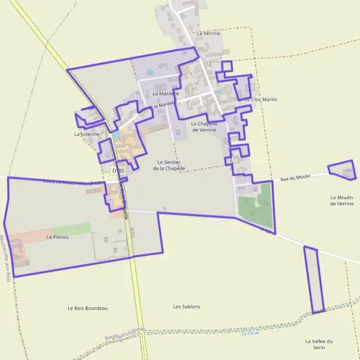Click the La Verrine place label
208,34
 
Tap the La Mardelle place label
166,94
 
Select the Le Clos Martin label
261,99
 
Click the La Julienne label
85,134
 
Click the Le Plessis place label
58,237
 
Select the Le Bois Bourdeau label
88,308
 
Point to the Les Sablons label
187,307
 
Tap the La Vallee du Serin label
319,344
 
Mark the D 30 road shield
118,171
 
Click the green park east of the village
254,204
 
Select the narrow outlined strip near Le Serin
313,279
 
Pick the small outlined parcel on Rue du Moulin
343,170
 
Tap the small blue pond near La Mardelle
149,73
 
